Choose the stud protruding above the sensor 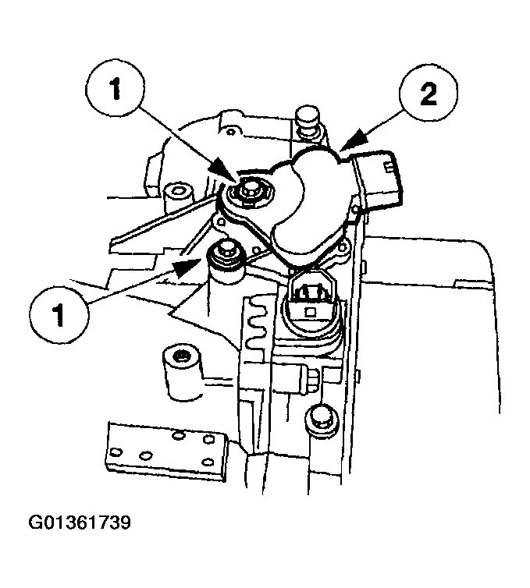pos(308,119)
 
